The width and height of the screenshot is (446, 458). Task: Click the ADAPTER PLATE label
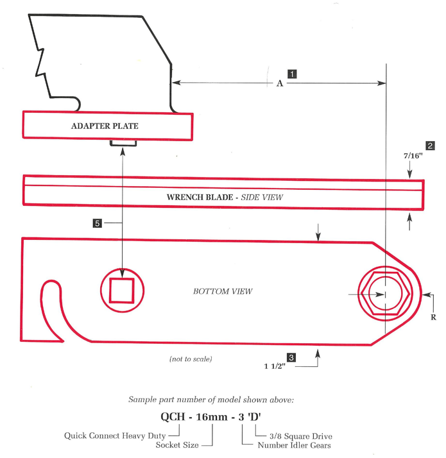[x=104, y=126]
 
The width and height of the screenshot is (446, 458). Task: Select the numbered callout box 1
[x=291, y=73]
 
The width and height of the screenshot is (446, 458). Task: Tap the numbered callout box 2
[x=430, y=146]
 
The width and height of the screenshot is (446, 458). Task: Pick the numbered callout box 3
[x=291, y=357]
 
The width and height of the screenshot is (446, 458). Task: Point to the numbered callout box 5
[x=97, y=223]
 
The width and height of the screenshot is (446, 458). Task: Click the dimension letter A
[x=279, y=83]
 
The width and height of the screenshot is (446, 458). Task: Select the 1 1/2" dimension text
[x=275, y=367]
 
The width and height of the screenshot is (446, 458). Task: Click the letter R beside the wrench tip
[x=434, y=317]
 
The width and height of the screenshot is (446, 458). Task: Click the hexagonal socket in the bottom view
[x=384, y=294]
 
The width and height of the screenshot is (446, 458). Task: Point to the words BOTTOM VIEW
[x=223, y=291]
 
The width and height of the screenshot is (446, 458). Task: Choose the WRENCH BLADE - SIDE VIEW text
[x=224, y=198]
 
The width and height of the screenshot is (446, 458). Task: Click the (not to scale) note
[x=191, y=359]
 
